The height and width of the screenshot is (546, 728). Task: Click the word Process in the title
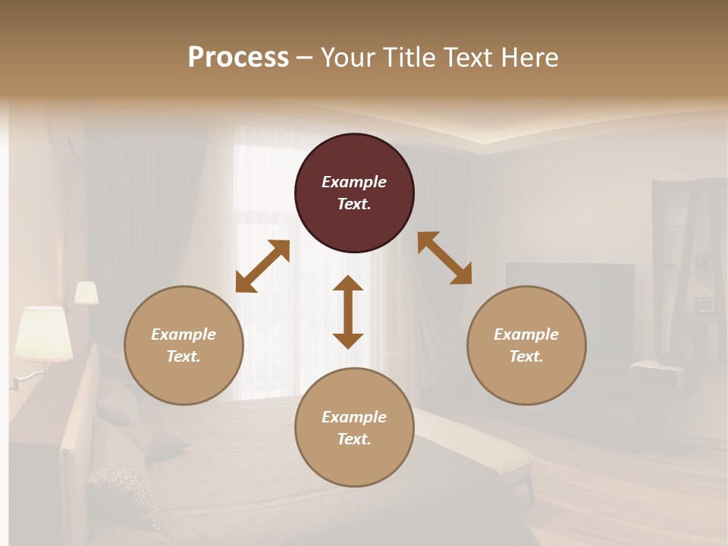pos(238,58)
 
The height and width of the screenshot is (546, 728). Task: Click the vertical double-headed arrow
pos(348,312)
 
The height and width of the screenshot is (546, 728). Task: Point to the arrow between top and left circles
pos(262,266)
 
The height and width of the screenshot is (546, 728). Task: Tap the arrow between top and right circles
pos(445,259)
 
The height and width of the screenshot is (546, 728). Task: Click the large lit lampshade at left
pos(43,333)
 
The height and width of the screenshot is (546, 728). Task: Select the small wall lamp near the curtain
pos(86,293)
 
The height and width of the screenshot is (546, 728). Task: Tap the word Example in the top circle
pos(354,182)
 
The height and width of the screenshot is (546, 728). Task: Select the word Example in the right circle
pos(526,334)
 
